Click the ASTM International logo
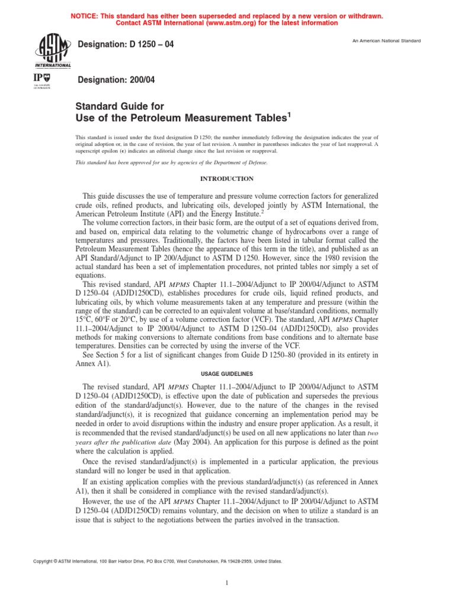pyautogui.click(x=53, y=50)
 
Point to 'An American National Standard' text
pyautogui.click(x=387, y=40)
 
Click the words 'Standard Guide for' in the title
pyautogui.click(x=119, y=107)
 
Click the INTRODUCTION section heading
pyautogui.click(x=227, y=178)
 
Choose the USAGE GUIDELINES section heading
pyautogui.click(x=227, y=373)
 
